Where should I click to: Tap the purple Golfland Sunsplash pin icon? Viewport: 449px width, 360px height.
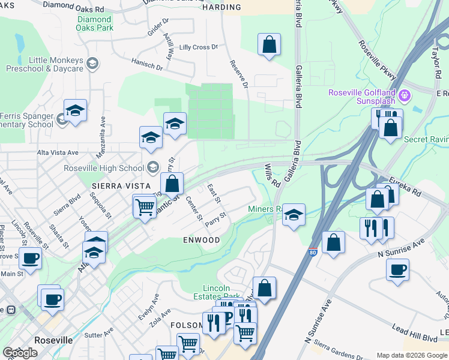point(405,95)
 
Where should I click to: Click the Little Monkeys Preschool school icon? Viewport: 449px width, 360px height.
point(92,63)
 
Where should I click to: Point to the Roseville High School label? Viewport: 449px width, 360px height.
point(104,168)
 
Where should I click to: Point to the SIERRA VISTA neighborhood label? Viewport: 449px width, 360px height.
point(118,186)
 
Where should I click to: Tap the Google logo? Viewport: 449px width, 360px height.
point(19,353)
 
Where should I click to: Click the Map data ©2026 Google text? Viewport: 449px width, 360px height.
point(411,355)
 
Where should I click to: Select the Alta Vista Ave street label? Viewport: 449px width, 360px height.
point(58,152)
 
